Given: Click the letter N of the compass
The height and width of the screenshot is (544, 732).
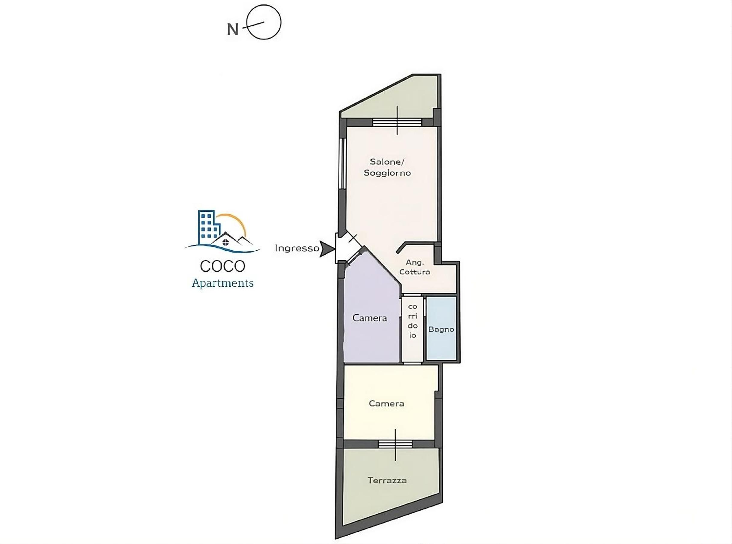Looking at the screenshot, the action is click(x=232, y=29).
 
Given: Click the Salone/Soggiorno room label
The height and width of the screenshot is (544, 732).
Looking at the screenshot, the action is click(x=387, y=167).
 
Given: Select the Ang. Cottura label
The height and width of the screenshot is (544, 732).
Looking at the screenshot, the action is click(x=415, y=267).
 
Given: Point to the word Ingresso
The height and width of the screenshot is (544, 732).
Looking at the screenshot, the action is click(x=297, y=248).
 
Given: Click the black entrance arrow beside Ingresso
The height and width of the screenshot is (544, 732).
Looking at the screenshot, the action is click(x=328, y=249).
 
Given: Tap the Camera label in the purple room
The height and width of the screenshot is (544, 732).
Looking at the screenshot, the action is click(x=370, y=318).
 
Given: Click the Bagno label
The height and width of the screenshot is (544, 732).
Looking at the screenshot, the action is click(x=441, y=329).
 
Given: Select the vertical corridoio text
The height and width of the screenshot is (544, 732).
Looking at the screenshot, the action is click(x=413, y=321).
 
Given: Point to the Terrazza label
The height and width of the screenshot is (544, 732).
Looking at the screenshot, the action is click(x=387, y=480).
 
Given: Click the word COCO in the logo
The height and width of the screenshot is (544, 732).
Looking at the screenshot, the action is click(x=222, y=266).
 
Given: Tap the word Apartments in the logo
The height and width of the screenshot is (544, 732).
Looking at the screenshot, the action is click(x=222, y=283).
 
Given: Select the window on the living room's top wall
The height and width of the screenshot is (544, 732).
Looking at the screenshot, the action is click(x=397, y=122).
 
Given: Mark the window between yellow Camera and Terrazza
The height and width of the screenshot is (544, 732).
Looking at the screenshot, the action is click(x=395, y=444).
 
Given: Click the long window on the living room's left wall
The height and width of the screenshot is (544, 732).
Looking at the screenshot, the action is click(x=343, y=163).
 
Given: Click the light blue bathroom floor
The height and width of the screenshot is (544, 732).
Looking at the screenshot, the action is click(x=441, y=328).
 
